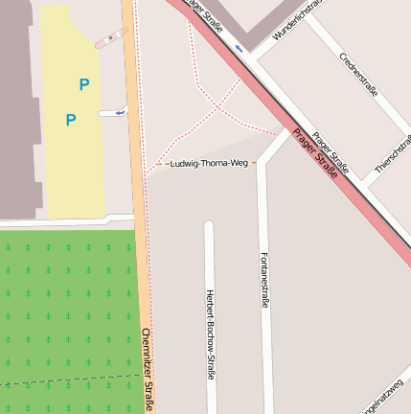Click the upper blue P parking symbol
tap(84, 84)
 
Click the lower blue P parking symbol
tap(70, 120)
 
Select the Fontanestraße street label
tap(265, 280)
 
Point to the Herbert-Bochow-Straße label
tap(210, 333)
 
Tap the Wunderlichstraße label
tap(295, 20)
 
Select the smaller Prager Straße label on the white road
tap(331, 154)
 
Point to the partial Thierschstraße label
tap(394, 154)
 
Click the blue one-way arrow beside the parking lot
tap(120, 112)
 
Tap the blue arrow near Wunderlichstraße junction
tap(238, 46)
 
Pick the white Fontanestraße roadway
tap(265, 364)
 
